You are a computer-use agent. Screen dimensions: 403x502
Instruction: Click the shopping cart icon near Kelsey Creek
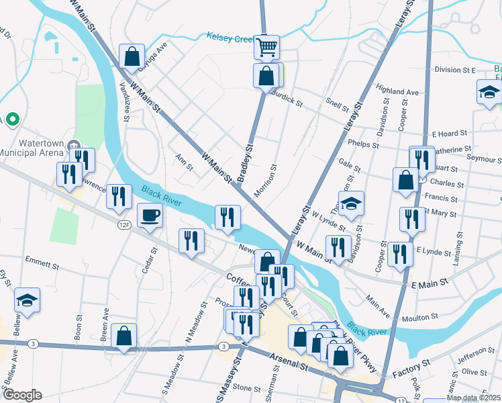(266, 47)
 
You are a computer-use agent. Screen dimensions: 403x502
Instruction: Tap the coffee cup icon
(150, 216)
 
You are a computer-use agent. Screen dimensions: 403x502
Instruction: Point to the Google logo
(22, 395)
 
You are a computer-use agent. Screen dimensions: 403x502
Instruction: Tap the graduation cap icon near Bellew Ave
(28, 300)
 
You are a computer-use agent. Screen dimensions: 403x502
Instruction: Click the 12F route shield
(123, 225)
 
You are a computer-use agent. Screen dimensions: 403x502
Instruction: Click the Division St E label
(454, 70)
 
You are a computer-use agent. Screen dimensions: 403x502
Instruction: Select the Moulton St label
(419, 316)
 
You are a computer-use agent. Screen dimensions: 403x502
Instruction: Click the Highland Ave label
(397, 91)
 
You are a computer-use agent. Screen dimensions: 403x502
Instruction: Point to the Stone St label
(246, 388)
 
